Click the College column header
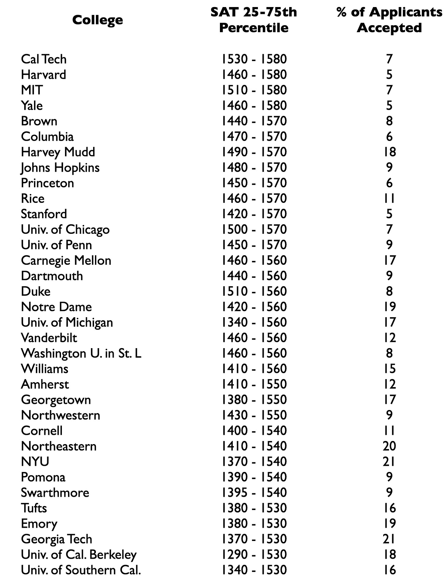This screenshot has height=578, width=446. (x=97, y=20)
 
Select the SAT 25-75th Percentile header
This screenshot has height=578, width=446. (x=254, y=20)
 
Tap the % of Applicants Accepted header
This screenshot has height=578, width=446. (x=389, y=20)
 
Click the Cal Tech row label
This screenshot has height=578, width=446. (x=43, y=59)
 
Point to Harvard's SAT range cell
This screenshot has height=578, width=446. (x=254, y=75)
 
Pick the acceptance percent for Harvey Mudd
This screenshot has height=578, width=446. (x=389, y=152)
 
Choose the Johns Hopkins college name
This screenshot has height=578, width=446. (x=60, y=168)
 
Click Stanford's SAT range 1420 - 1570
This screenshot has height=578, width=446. (x=254, y=214)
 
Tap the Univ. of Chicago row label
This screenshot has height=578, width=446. (x=65, y=230)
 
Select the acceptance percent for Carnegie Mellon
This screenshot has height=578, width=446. (x=389, y=260)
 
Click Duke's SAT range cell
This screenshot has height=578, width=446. (x=254, y=291)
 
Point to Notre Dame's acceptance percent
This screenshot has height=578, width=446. (x=389, y=307)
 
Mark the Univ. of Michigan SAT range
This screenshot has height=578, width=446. (x=254, y=322)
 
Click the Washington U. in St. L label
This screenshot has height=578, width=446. (x=81, y=353)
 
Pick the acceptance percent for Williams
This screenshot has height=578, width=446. (x=389, y=369)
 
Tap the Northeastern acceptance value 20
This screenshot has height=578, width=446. (x=389, y=446)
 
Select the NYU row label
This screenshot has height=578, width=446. (x=35, y=462)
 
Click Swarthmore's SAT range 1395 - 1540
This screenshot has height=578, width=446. (x=254, y=492)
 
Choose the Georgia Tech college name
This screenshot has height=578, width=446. (x=56, y=539)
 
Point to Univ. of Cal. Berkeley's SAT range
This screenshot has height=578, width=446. (x=254, y=554)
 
